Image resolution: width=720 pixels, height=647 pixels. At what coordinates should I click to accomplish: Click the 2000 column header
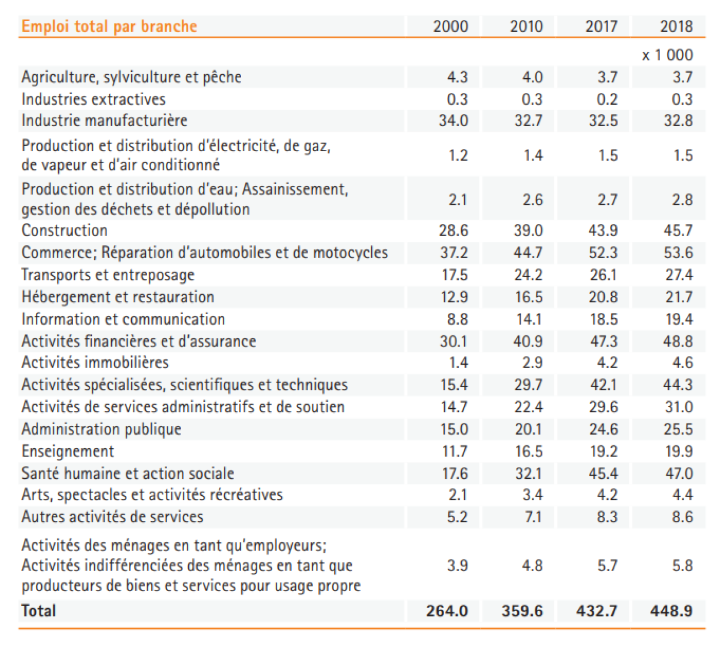tap(451, 26)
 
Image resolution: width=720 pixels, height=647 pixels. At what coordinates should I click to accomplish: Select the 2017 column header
tap(601, 26)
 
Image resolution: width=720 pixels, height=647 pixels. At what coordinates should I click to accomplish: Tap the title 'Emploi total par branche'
tap(109, 26)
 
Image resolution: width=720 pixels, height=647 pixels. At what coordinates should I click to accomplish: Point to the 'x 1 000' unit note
tap(667, 55)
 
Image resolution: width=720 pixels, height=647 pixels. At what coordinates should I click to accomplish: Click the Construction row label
tap(65, 231)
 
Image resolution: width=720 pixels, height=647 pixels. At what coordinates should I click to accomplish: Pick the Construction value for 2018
tap(678, 231)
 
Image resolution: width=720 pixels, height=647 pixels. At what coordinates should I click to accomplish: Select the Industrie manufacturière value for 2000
tap(454, 121)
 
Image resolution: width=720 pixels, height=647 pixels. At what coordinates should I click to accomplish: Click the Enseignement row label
tap(68, 451)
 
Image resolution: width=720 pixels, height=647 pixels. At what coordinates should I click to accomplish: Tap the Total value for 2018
tap(671, 611)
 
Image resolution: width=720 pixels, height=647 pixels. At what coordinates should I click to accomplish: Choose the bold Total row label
tap(39, 611)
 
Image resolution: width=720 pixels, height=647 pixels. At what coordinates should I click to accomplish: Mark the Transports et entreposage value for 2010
tap(528, 275)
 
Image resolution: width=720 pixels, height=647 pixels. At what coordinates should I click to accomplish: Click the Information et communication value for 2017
tap(604, 319)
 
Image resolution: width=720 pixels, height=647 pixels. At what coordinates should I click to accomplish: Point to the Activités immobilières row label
tap(95, 362)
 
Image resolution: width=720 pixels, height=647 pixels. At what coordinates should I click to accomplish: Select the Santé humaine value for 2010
tap(528, 473)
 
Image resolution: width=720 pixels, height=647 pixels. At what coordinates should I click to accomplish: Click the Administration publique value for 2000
tap(454, 429)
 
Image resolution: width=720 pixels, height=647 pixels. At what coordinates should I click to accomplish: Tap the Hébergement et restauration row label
tap(118, 297)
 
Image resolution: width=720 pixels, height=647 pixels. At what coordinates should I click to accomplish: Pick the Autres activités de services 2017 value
tap(607, 517)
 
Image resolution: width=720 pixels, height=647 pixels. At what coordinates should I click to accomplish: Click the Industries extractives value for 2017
tap(607, 99)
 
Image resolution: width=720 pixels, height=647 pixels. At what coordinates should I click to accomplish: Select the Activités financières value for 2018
tap(678, 341)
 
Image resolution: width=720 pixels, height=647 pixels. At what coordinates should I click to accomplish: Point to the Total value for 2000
tap(447, 611)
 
